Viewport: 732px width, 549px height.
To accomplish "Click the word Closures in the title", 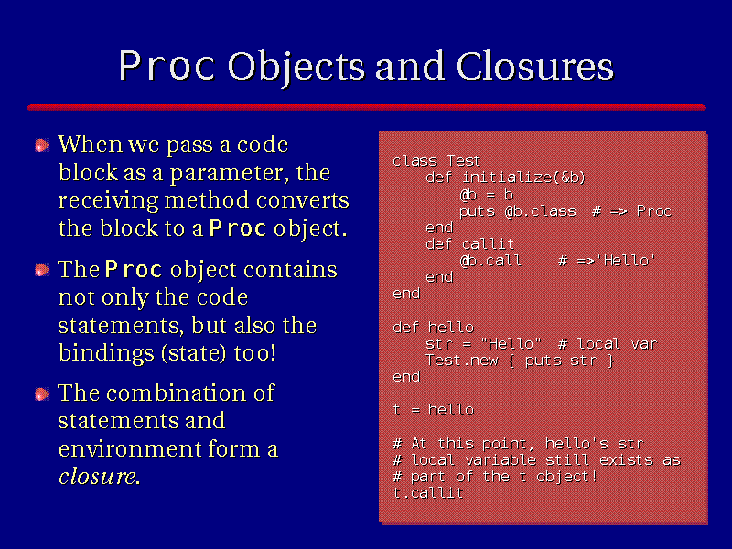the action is click(535, 66).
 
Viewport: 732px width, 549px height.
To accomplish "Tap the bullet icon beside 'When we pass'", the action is click(42, 145).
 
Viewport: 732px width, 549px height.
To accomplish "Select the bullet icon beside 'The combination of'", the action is click(42, 394).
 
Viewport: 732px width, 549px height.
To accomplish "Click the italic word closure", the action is click(99, 476).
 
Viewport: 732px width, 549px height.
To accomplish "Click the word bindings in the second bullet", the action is click(106, 353).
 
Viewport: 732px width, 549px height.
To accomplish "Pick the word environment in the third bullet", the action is click(130, 449).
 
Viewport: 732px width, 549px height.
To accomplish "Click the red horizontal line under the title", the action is click(367, 107).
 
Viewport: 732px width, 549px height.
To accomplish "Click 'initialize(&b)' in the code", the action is click(523, 178).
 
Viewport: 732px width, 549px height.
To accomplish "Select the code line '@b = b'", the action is click(486, 194).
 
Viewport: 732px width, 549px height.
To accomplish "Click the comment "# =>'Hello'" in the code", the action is click(607, 261).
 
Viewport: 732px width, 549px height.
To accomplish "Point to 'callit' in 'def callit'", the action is click(488, 243).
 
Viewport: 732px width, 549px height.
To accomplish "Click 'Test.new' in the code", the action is click(461, 361).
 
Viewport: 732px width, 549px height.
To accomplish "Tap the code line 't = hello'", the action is click(433, 410).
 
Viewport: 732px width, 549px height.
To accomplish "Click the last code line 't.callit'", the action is click(428, 493).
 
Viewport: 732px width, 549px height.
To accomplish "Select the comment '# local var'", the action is click(608, 344).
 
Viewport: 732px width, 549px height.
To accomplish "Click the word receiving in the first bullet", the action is click(108, 201).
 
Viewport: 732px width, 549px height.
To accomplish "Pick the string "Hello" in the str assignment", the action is click(511, 344).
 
